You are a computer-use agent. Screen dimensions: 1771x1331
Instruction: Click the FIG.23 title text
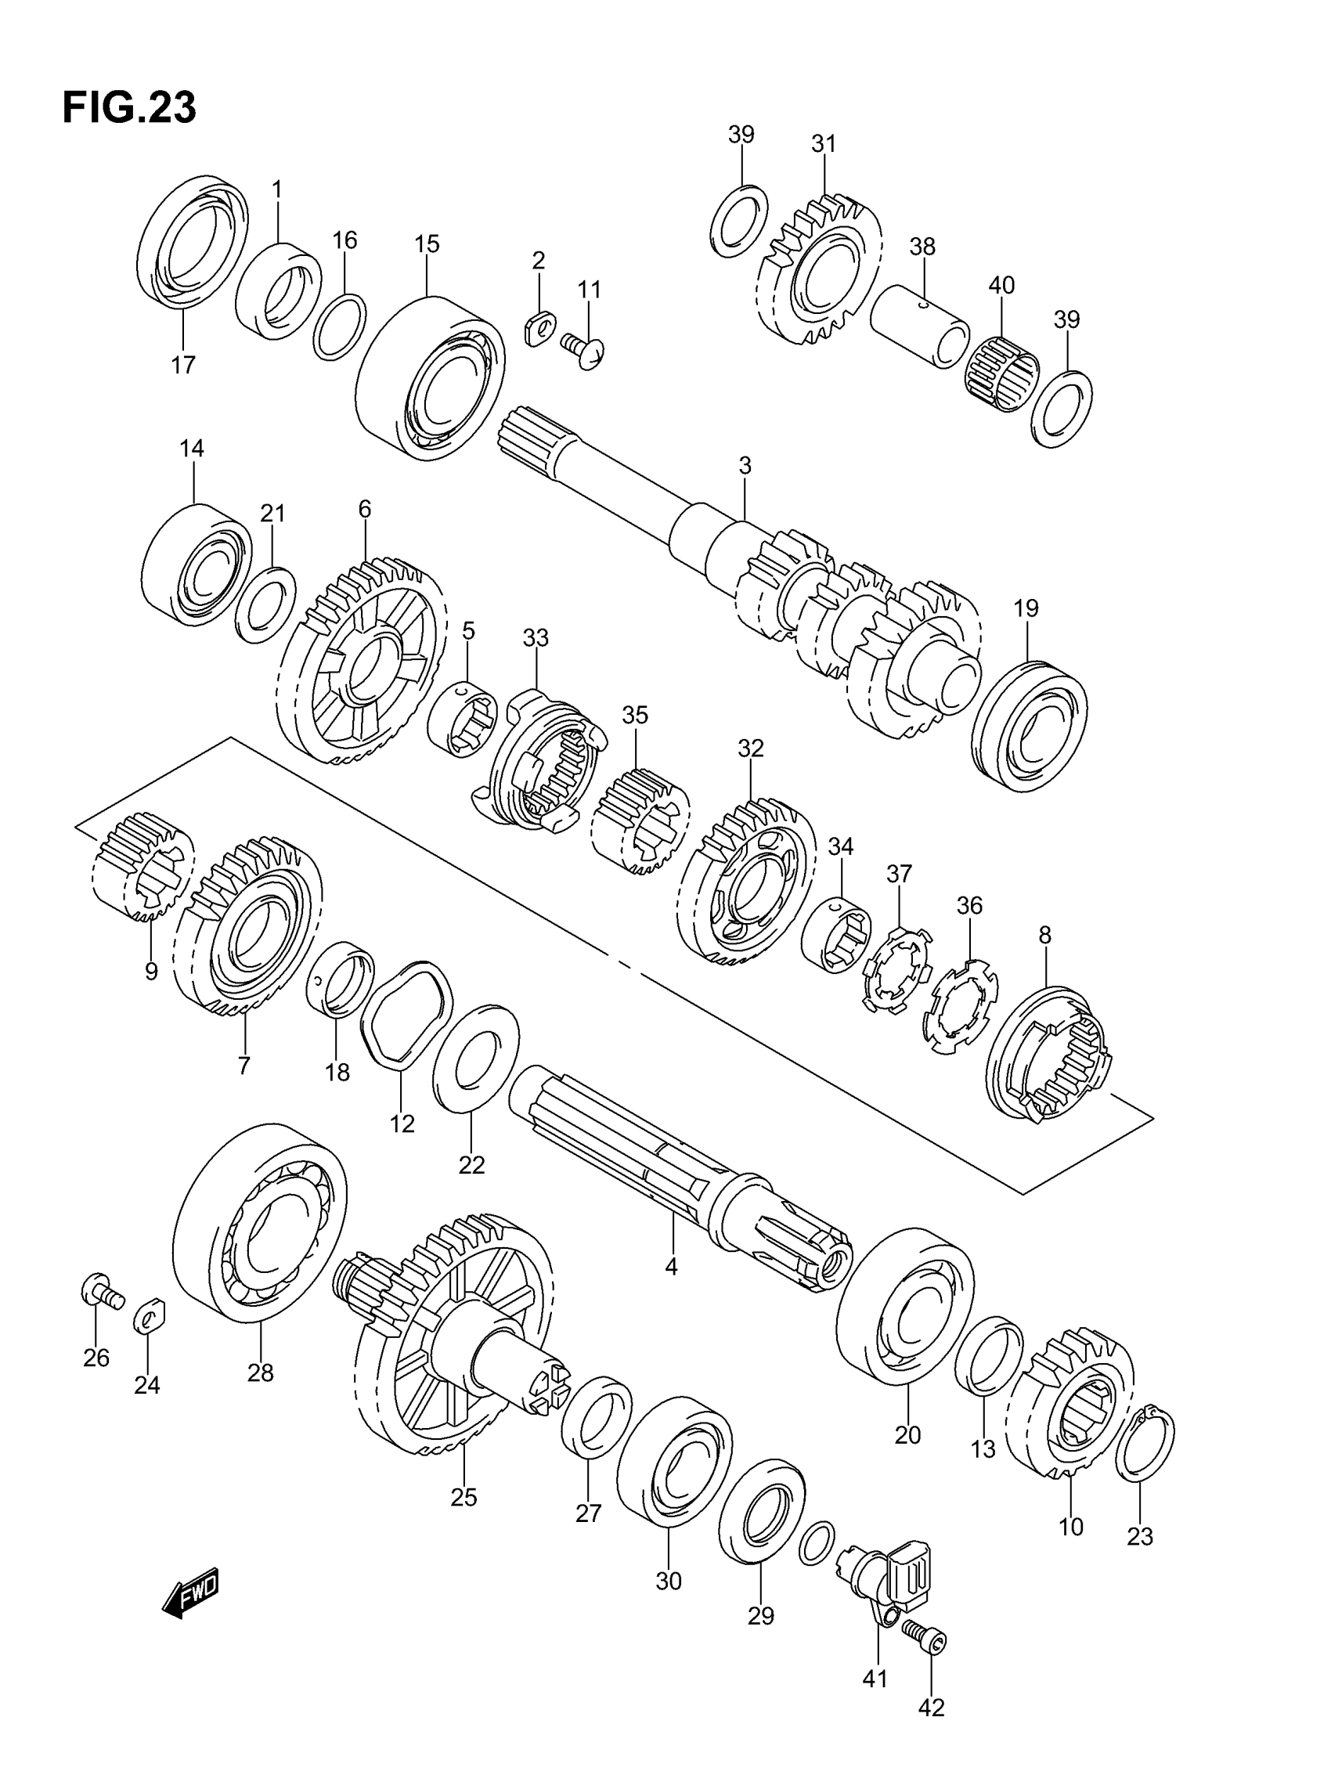pos(129,108)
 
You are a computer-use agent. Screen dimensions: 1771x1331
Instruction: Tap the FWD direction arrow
pos(190,1593)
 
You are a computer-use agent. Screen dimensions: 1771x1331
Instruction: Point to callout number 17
pos(182,365)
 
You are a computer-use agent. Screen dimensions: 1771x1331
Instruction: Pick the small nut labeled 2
pos(539,327)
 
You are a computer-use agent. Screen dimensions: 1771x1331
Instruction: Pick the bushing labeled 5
pos(464,716)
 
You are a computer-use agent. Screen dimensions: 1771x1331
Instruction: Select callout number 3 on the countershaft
pos(745,465)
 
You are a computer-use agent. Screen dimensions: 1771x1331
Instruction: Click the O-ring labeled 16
pos(340,326)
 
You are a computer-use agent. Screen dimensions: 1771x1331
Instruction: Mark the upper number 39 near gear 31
pos(741,135)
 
